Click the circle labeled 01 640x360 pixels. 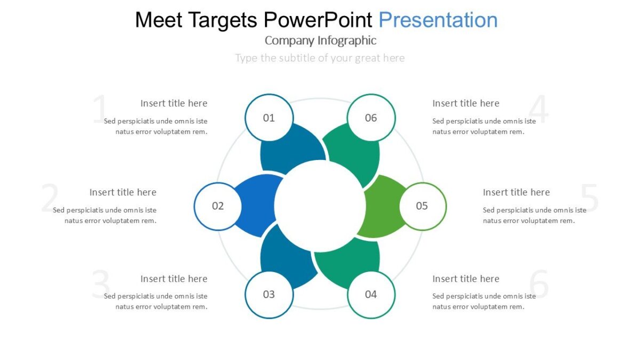pos(269,118)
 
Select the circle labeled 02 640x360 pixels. pos(218,206)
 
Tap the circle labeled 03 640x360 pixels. pos(269,294)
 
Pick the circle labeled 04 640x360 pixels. pos(371,294)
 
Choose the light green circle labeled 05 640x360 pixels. pos(422,206)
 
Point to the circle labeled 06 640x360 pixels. pos(371,118)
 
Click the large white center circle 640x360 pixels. pos(320,206)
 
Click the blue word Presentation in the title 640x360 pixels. pos(438,20)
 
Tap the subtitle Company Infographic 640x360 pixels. pos(320,41)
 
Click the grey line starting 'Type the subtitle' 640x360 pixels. pos(320,58)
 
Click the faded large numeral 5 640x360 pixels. pos(590,198)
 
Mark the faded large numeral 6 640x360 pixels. pos(539,285)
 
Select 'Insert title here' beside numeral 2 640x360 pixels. pos(123,192)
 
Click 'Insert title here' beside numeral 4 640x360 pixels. pos(466,103)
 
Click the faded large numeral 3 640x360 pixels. pos(101,285)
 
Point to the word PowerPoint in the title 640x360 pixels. pos(318,20)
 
